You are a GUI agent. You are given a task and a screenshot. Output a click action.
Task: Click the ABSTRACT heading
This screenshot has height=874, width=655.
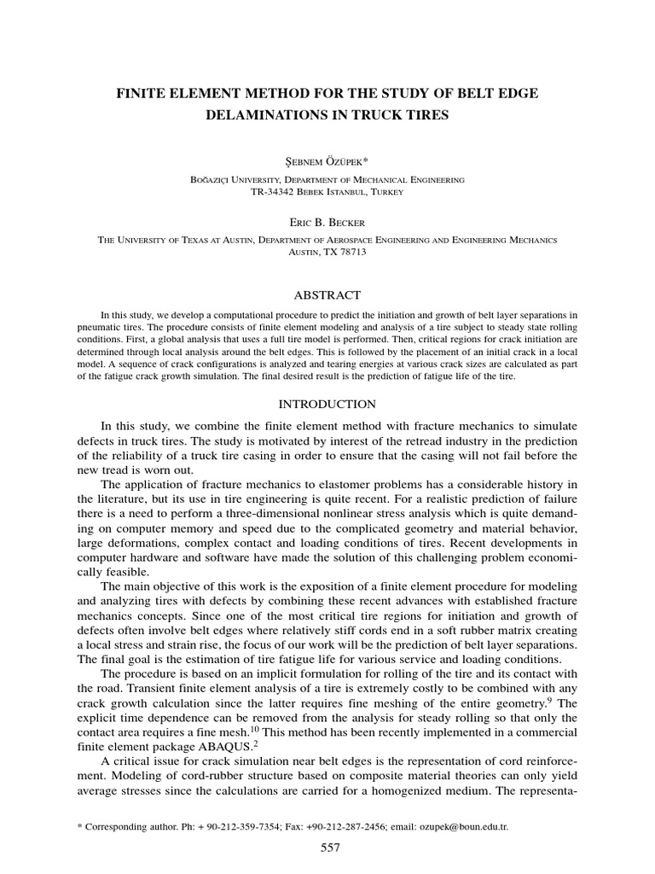[x=327, y=294]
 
